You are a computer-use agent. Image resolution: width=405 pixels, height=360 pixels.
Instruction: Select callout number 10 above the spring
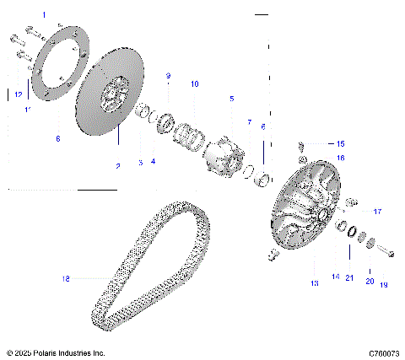click(x=194, y=84)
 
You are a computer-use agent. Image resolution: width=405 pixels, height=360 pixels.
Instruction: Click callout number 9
click(x=168, y=77)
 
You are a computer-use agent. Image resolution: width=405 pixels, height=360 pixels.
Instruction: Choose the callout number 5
click(x=231, y=99)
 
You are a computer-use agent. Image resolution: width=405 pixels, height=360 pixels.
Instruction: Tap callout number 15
click(x=329, y=144)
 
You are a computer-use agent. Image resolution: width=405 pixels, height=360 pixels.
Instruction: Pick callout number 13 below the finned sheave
click(x=314, y=284)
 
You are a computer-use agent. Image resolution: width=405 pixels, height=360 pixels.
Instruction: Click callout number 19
click(x=383, y=285)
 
